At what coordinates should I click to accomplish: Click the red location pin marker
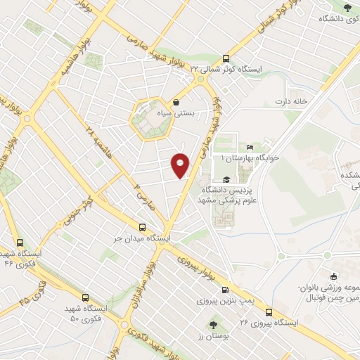tap(181, 165)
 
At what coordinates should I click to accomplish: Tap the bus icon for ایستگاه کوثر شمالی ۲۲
tap(226, 59)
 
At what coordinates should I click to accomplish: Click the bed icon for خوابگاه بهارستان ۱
tap(250, 148)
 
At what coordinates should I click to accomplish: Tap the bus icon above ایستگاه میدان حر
tap(143, 227)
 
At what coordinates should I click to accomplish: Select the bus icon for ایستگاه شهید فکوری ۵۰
tap(85, 297)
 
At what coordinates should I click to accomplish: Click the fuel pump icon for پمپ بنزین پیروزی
tap(225, 289)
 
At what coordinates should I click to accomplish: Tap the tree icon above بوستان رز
tap(213, 325)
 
